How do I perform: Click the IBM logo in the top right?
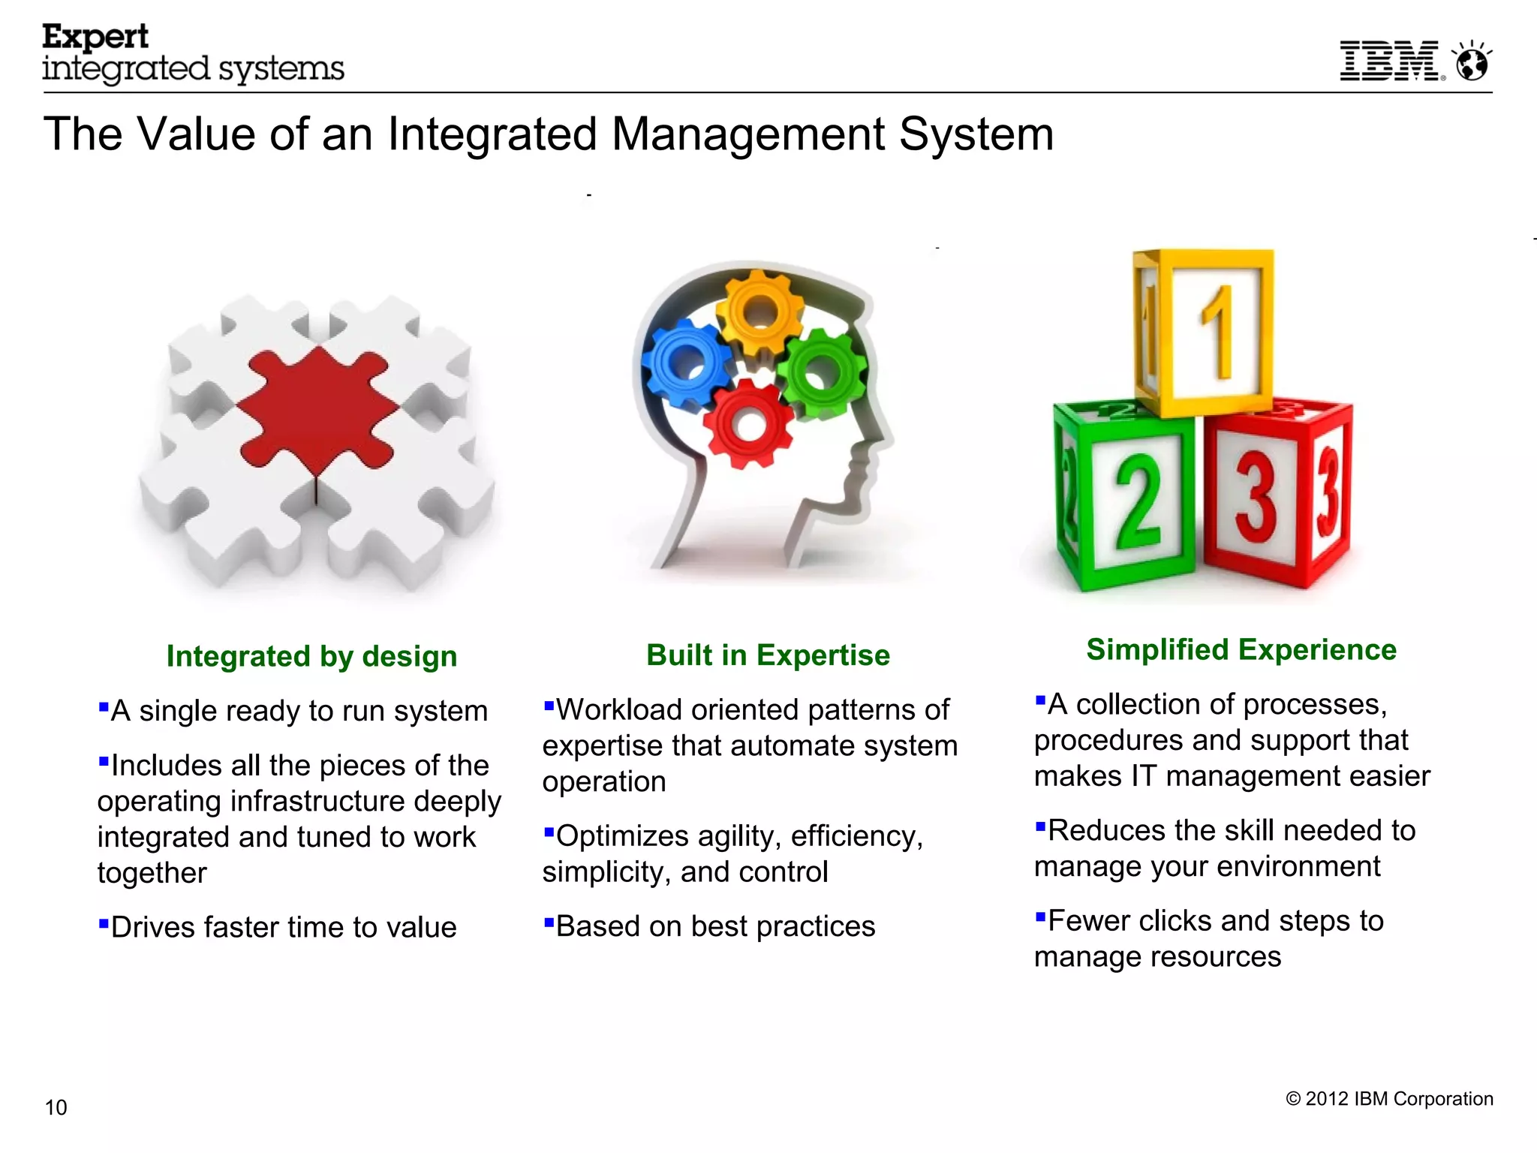(1390, 61)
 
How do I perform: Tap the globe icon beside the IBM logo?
(1472, 62)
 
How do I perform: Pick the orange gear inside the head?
(759, 309)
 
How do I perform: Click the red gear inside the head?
(749, 424)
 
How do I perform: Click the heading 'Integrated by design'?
(311, 656)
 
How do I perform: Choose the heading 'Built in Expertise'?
(768, 655)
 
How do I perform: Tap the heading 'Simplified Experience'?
(1241, 649)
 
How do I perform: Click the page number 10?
(56, 1108)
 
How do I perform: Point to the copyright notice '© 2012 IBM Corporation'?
(1389, 1099)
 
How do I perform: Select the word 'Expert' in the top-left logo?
(95, 37)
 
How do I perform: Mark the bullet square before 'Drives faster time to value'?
(104, 922)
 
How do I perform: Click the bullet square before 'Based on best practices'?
(549, 921)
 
